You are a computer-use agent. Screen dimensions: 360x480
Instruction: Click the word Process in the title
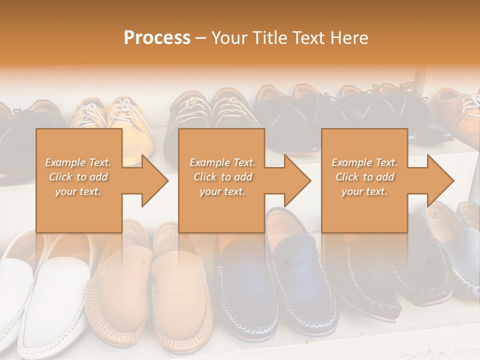pos(157,37)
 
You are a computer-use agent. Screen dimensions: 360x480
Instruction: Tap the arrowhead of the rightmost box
pos(439,180)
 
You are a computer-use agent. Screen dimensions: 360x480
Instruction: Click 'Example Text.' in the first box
pos(78,162)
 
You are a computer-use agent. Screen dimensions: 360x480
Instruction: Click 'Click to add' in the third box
pos(364,177)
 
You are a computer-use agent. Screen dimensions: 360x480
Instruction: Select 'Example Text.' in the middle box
pos(222,162)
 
